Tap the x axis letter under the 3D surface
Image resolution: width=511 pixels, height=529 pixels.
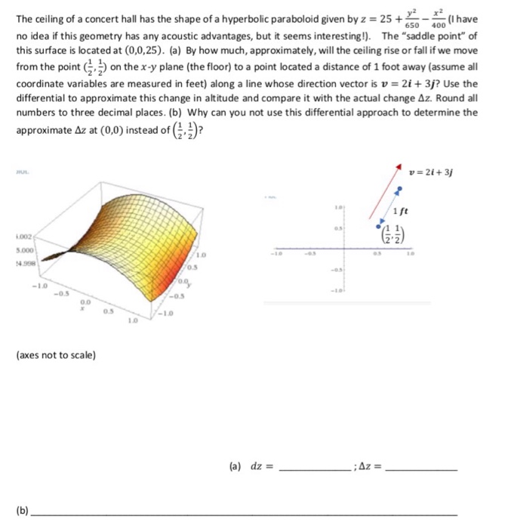(x=84, y=308)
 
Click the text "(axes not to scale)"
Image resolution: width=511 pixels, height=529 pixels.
(x=56, y=354)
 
